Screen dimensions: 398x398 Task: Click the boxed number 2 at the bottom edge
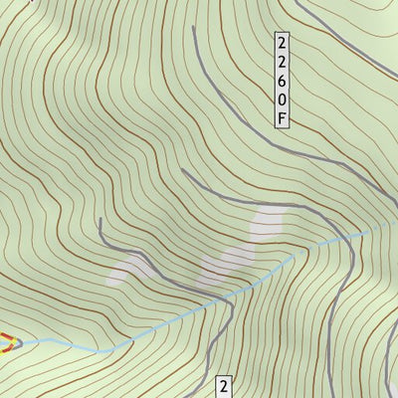click(225, 386)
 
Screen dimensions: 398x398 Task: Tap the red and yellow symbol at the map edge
click(5, 343)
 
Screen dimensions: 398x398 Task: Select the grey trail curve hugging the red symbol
click(17, 339)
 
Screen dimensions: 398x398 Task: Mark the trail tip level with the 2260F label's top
click(193, 28)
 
